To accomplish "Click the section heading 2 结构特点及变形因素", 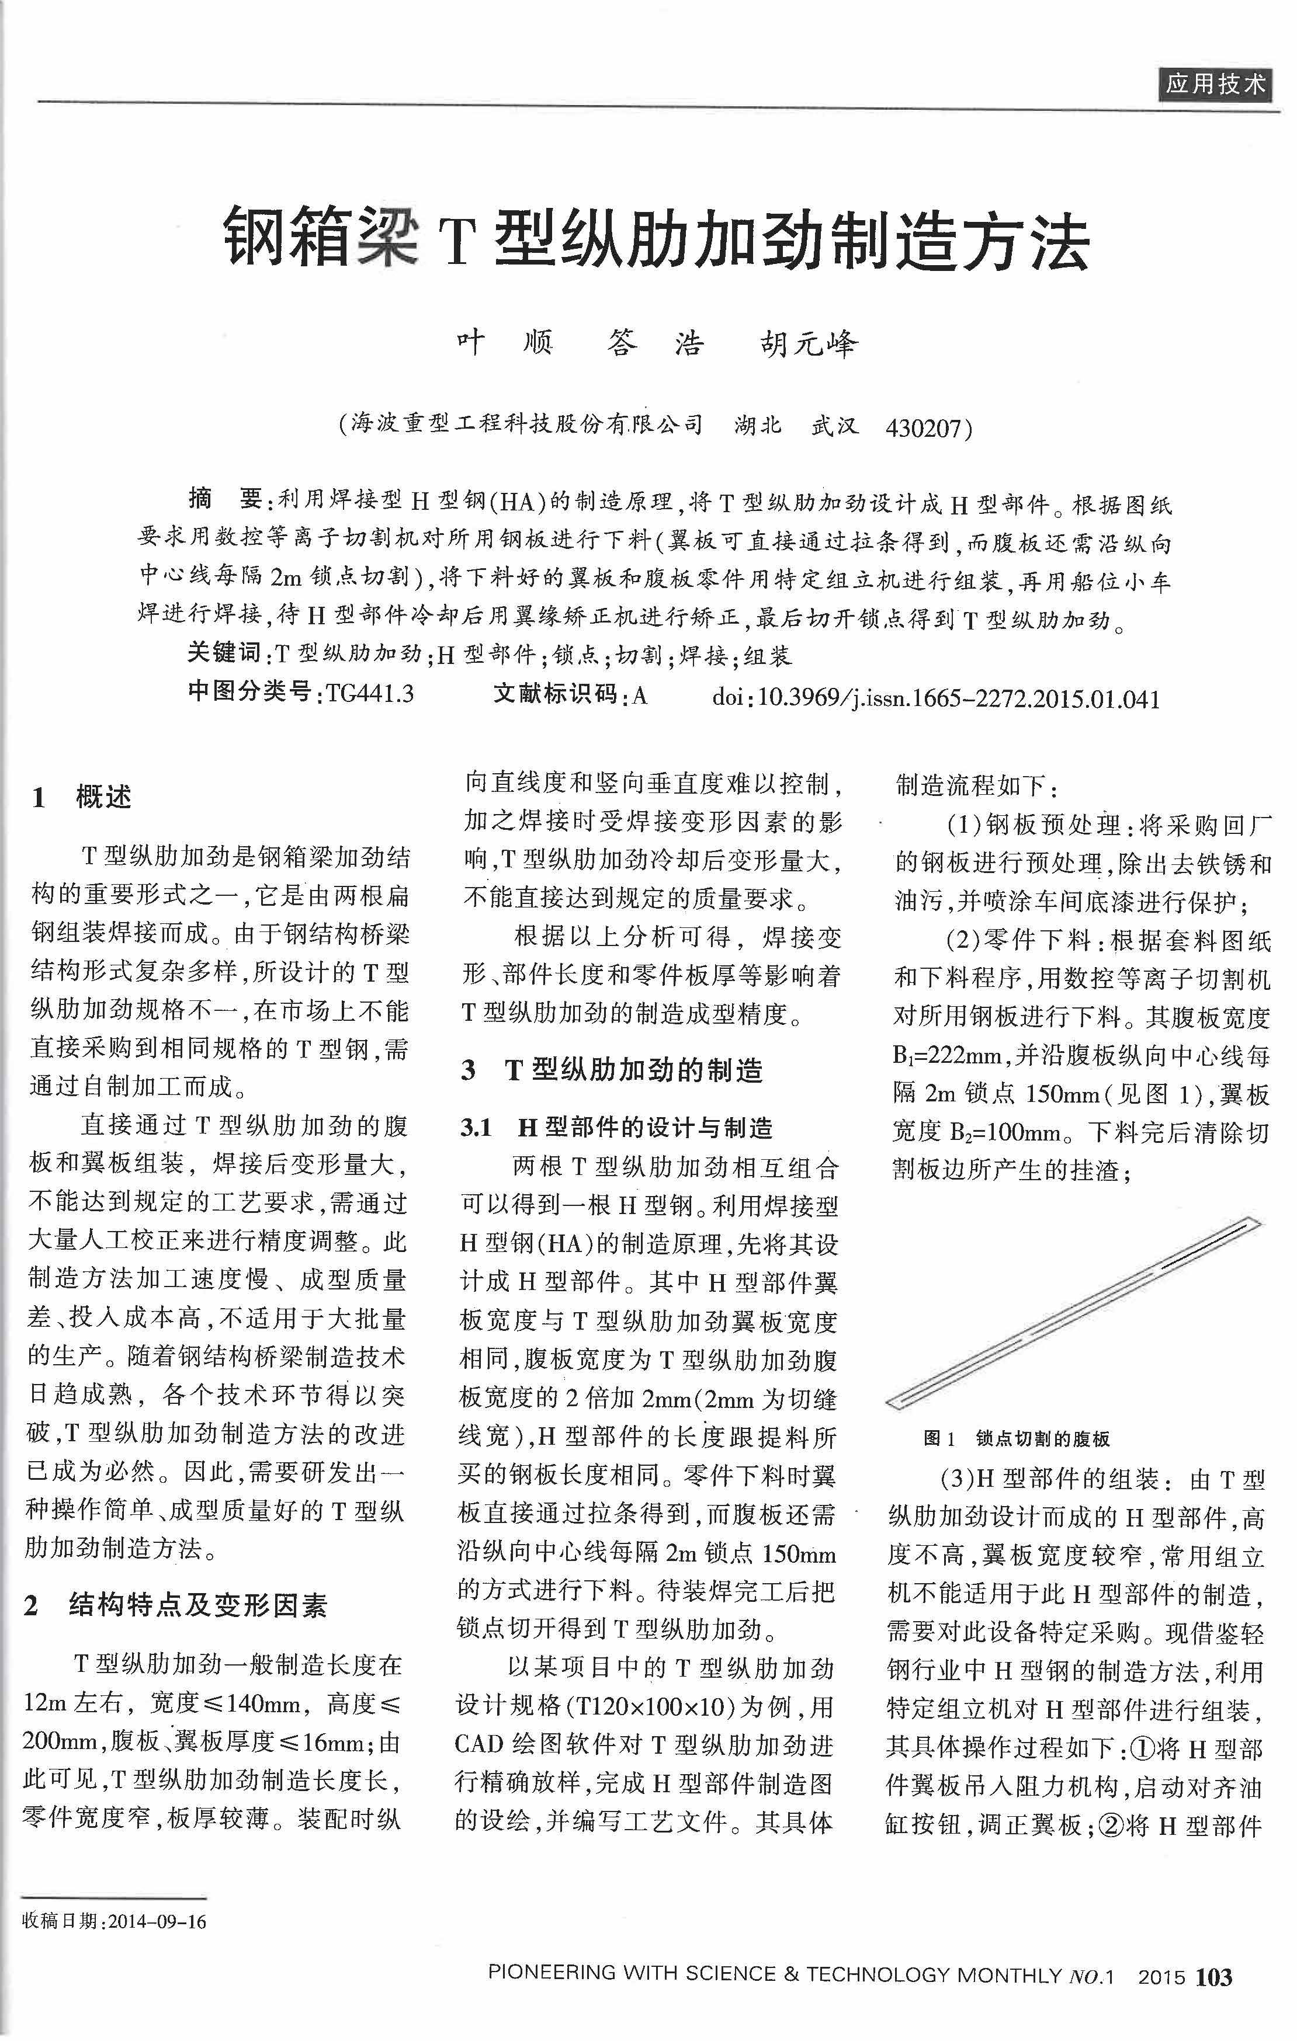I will (175, 1605).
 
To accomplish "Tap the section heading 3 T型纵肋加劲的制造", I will (611, 1070).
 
